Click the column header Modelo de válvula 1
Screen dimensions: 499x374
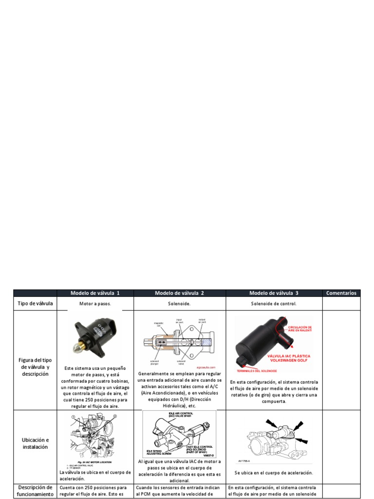tap(95, 293)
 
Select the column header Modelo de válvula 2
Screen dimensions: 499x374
tap(179, 293)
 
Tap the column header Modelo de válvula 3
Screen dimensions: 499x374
tap(274, 293)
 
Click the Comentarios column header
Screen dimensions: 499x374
tap(341, 293)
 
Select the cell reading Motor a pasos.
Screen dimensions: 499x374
tap(95, 303)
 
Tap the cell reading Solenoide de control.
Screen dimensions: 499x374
tap(274, 303)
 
